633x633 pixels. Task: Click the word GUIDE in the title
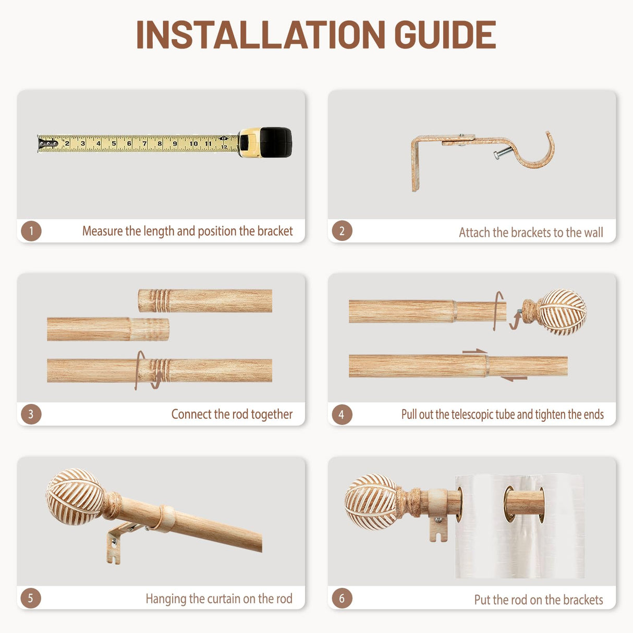coord(445,34)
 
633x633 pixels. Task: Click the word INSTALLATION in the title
coord(261,34)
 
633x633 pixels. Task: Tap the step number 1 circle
coord(31,231)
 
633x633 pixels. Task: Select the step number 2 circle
coord(342,231)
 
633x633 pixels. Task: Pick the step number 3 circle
coord(31,414)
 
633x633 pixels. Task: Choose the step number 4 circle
coord(342,414)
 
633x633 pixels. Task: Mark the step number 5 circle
coord(31,598)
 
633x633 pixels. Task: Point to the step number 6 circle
coord(342,598)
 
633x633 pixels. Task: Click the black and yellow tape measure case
coord(265,142)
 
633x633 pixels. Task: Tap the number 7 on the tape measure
coord(144,143)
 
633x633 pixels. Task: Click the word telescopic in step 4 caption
coord(472,415)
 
